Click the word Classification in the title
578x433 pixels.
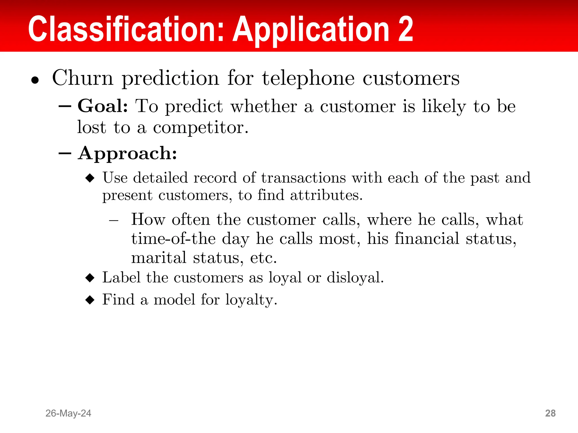(x=126, y=29)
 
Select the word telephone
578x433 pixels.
(x=308, y=78)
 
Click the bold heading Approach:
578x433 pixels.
(x=128, y=154)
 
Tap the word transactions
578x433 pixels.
(x=303, y=178)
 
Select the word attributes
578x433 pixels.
(x=326, y=195)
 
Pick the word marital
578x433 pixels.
(x=159, y=258)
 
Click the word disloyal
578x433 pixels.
(x=355, y=278)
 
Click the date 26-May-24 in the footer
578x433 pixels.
(x=68, y=413)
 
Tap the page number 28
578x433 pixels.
(x=550, y=413)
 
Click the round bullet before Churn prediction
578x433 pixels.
(x=35, y=81)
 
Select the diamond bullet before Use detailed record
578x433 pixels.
(x=90, y=178)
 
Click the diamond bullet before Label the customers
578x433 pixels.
(x=90, y=278)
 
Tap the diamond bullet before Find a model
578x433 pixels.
(x=90, y=300)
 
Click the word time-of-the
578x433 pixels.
(x=174, y=239)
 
